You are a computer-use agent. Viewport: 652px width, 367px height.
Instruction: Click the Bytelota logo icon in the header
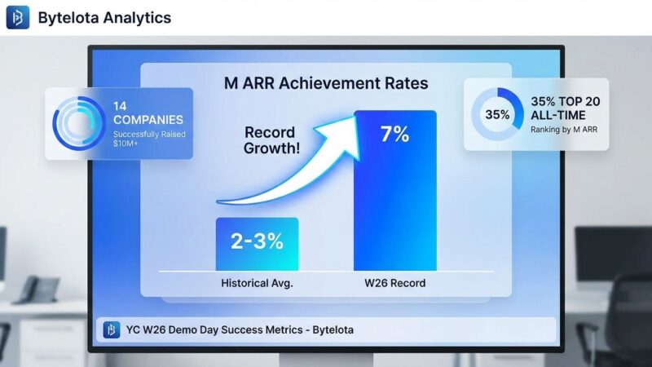(18, 17)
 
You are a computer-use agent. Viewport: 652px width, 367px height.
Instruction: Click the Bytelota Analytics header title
(104, 17)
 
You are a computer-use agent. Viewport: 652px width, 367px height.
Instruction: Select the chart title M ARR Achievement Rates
(326, 83)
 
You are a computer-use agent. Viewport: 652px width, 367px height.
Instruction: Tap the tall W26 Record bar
(394, 204)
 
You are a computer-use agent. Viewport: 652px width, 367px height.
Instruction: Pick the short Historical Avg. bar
(257, 244)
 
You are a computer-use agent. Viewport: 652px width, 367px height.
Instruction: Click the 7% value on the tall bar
(394, 134)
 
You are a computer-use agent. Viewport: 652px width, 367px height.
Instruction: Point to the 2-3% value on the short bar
(257, 241)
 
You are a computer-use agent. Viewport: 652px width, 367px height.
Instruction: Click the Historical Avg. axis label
(258, 284)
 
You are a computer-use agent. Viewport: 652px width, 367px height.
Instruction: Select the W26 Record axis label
(395, 284)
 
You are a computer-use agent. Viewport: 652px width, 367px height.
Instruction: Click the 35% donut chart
(497, 114)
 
